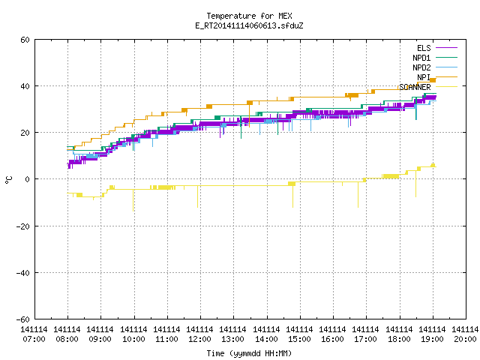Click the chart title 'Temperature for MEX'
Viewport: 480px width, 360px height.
pos(249,16)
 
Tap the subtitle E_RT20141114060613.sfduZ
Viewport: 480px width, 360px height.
pos(249,25)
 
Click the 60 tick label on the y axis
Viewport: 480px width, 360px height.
pos(25,40)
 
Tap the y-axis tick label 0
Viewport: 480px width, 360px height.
pos(27,179)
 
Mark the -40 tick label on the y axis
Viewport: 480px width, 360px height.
pos(23,273)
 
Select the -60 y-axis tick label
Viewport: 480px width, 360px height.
pos(23,319)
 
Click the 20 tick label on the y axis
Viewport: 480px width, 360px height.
pos(25,133)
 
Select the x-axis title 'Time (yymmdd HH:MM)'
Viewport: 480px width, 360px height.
pos(249,353)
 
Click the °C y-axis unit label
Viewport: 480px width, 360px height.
pos(8,180)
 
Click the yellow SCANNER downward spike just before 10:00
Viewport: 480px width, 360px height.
pos(133,200)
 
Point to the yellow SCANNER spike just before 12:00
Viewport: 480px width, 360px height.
pos(197,196)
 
